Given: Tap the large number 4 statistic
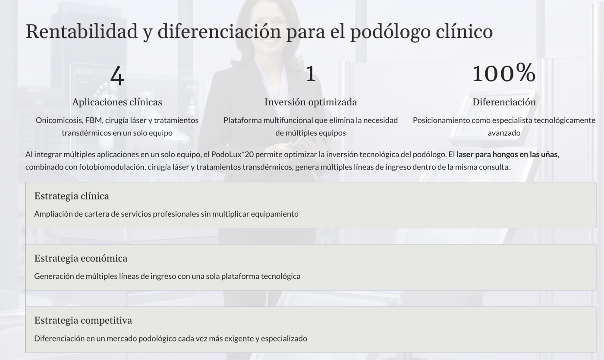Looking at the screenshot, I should [x=117, y=75].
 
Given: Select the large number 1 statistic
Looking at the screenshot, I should [x=311, y=74].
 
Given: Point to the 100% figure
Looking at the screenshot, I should [x=504, y=74].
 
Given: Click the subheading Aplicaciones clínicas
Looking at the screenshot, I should [x=117, y=102].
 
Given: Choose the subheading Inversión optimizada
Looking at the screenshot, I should [x=311, y=102].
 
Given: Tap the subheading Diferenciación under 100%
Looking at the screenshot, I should [x=504, y=102].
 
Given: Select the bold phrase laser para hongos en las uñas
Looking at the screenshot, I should [x=507, y=154].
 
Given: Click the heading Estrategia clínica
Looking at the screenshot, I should [x=72, y=196].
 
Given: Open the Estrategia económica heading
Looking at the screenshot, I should [x=81, y=258].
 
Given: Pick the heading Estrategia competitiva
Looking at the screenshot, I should [x=83, y=320].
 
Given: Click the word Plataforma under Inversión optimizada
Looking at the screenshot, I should [x=242, y=120].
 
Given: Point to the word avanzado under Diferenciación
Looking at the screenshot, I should [x=504, y=133].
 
